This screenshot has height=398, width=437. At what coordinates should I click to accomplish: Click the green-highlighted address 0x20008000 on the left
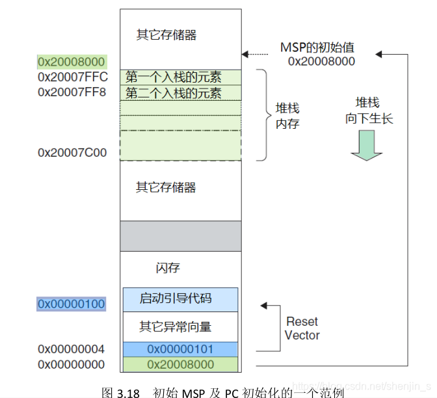point(71,62)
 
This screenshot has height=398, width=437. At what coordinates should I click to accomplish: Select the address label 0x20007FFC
point(72,77)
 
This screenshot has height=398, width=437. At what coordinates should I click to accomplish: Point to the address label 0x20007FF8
point(72,92)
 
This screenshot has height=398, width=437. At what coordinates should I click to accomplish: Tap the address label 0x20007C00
point(72,153)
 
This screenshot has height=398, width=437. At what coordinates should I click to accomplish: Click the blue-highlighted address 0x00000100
point(71,304)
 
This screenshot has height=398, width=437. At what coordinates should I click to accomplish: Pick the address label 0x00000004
point(71,349)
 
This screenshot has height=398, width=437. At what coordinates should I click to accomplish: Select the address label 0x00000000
point(71,365)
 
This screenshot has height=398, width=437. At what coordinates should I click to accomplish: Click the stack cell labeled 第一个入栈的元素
point(174,77)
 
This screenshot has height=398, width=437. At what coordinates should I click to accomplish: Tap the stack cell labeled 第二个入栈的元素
point(174,93)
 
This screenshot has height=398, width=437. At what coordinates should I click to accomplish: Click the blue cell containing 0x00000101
point(180,349)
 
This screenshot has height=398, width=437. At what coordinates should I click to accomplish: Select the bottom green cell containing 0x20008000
point(180,365)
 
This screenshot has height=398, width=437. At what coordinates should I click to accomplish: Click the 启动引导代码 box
point(176,298)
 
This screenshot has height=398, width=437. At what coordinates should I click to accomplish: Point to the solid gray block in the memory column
point(180,235)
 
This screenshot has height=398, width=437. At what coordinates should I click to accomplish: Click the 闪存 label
point(168,268)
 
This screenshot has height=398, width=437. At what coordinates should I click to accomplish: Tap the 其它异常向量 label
point(176,326)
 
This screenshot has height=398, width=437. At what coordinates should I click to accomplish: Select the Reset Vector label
point(302,328)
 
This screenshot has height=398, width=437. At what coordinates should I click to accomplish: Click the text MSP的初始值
point(317,48)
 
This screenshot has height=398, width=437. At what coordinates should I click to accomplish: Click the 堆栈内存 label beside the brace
point(287,116)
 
